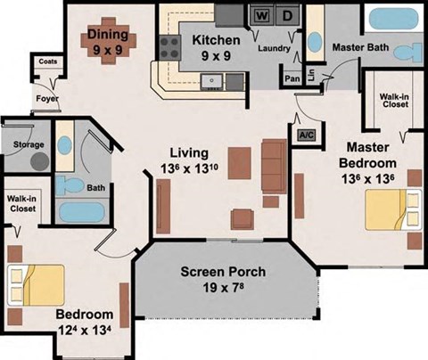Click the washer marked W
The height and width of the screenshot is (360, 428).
click(264, 15)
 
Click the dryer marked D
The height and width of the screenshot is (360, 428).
click(287, 15)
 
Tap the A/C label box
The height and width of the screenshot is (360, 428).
click(305, 134)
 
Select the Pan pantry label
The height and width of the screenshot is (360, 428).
click(292, 78)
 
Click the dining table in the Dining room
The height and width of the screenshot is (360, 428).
click(111, 39)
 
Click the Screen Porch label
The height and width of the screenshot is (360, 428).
click(224, 272)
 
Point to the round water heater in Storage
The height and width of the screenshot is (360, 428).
click(38, 160)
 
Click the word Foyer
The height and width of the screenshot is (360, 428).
click(46, 98)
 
